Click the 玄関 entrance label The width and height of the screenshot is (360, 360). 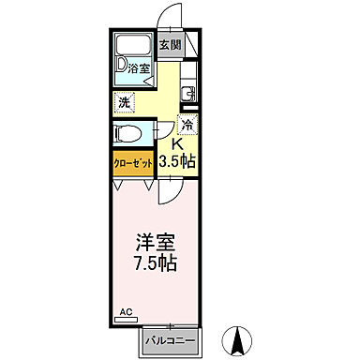169,44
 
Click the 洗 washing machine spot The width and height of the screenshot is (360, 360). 124,102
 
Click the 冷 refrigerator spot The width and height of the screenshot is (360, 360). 187,125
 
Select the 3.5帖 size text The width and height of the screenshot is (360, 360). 176,161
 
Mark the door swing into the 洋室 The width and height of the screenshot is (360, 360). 167,192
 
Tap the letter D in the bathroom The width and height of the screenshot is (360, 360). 121,65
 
